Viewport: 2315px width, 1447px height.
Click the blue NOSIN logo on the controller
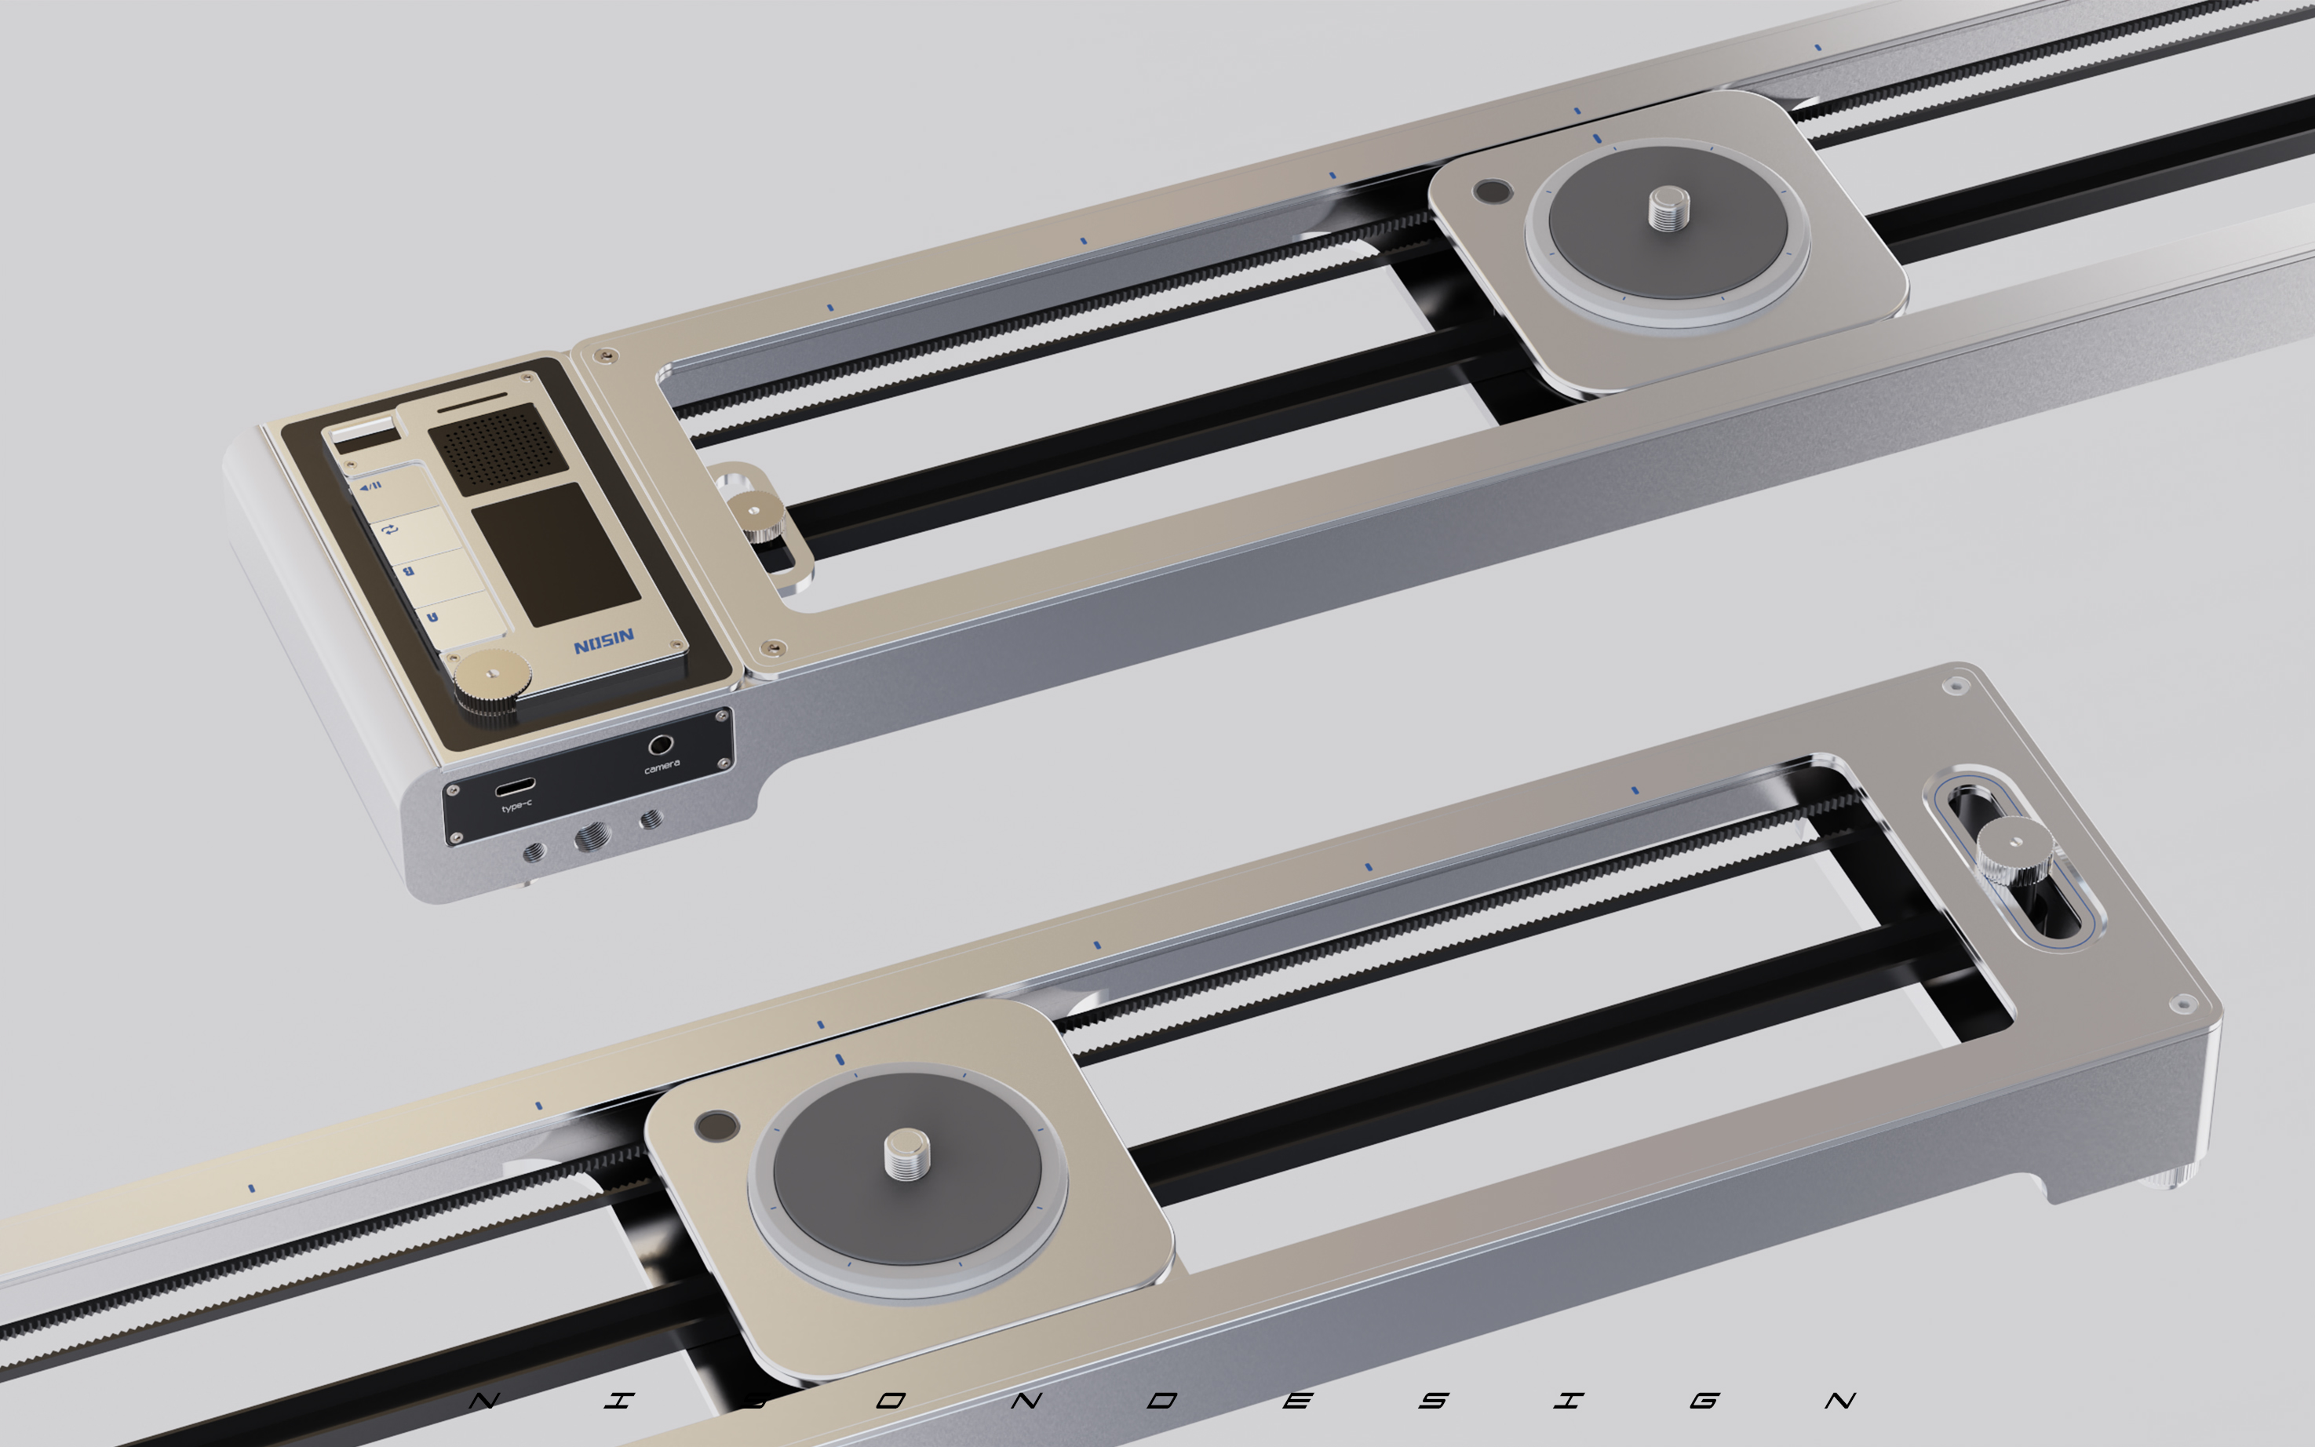pos(604,640)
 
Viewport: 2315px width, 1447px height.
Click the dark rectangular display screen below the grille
pos(555,554)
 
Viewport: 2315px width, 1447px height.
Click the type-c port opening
pos(515,788)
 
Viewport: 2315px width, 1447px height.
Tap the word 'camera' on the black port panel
pos(662,766)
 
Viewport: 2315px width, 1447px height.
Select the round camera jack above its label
pos(660,744)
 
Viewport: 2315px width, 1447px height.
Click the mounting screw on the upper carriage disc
pos(1668,208)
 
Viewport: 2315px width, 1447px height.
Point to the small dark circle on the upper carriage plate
pos(1491,191)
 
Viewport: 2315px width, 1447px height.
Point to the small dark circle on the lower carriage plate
pos(716,1125)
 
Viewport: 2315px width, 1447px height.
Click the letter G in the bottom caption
pos(1704,1401)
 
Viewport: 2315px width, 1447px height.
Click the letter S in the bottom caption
pos(1433,1401)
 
